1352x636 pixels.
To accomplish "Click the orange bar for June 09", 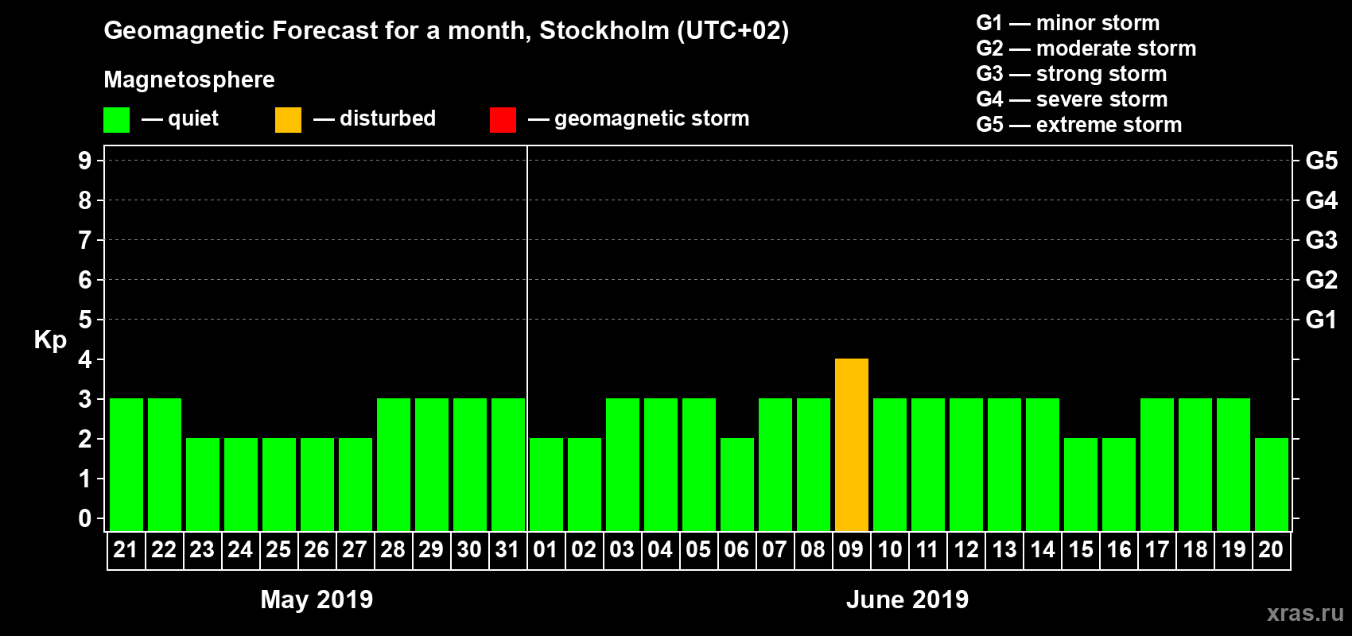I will [x=851, y=445].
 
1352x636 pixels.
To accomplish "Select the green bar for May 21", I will [x=126, y=465].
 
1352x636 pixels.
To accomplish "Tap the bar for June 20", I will [x=1271, y=485].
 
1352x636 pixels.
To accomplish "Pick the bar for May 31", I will [x=507, y=465].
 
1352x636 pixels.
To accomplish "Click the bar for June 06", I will [x=736, y=485].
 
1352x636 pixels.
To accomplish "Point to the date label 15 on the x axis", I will [x=1080, y=550].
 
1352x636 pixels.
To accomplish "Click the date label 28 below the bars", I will [x=393, y=550].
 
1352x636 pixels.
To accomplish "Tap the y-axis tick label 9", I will [x=84, y=161].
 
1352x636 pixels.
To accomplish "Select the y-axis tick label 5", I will [x=84, y=320].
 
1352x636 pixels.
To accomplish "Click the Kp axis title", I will [x=50, y=340].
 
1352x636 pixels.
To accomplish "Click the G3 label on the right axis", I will [x=1321, y=240].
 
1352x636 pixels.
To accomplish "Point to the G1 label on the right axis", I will [x=1321, y=320].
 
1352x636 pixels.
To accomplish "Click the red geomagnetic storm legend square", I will [x=503, y=120].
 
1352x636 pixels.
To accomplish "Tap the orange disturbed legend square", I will [x=288, y=120].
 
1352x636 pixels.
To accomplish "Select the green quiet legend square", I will [x=116, y=120].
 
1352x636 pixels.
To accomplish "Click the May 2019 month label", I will [x=317, y=599].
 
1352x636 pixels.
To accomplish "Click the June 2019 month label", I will [x=907, y=599].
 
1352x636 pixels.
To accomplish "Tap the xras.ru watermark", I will [x=1304, y=613].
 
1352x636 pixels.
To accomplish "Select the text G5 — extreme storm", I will [x=1078, y=125].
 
